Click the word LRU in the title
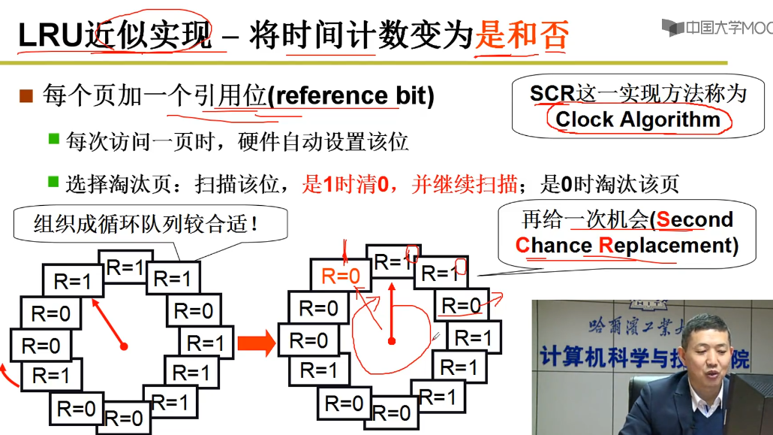pyautogui.click(x=50, y=35)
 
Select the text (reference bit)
pyautogui.click(x=350, y=96)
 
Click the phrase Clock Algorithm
pyautogui.click(x=638, y=119)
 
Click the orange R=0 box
pyautogui.click(x=341, y=276)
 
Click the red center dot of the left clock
pyautogui.click(x=124, y=346)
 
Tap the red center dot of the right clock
pyautogui.click(x=392, y=341)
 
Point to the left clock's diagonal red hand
pyautogui.click(x=108, y=322)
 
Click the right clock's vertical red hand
pyautogui.click(x=392, y=308)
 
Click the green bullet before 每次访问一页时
pyautogui.click(x=53, y=139)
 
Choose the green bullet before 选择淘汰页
pyautogui.click(x=53, y=181)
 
